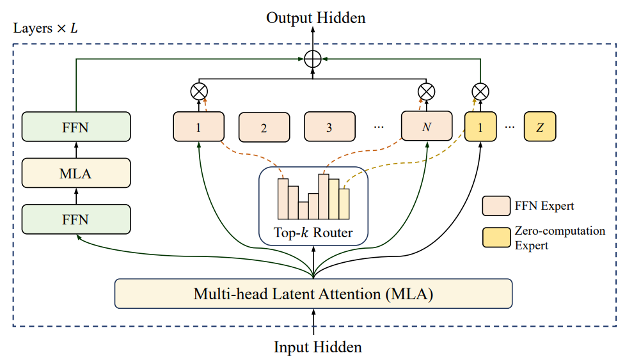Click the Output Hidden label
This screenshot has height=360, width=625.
(316, 18)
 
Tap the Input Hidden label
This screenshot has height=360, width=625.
(318, 347)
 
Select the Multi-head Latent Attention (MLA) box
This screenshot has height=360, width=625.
(313, 295)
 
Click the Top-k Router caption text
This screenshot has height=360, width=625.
(313, 233)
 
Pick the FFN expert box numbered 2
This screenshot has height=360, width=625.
(264, 127)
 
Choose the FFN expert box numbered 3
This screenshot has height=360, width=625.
(329, 127)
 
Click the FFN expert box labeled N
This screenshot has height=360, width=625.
(426, 127)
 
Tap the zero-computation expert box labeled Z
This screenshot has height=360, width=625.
(540, 127)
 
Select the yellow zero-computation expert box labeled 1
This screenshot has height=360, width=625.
(480, 127)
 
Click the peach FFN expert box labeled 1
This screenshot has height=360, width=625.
(198, 127)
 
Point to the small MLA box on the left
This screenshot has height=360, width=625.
(75, 173)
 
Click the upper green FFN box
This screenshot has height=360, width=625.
(75, 127)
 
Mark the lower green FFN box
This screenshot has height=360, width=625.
(75, 219)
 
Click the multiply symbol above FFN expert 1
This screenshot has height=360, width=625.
(198, 91)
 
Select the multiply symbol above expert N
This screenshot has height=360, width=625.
(426, 91)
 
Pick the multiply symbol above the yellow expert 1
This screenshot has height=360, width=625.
(480, 91)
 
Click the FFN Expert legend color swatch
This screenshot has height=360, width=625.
(496, 206)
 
